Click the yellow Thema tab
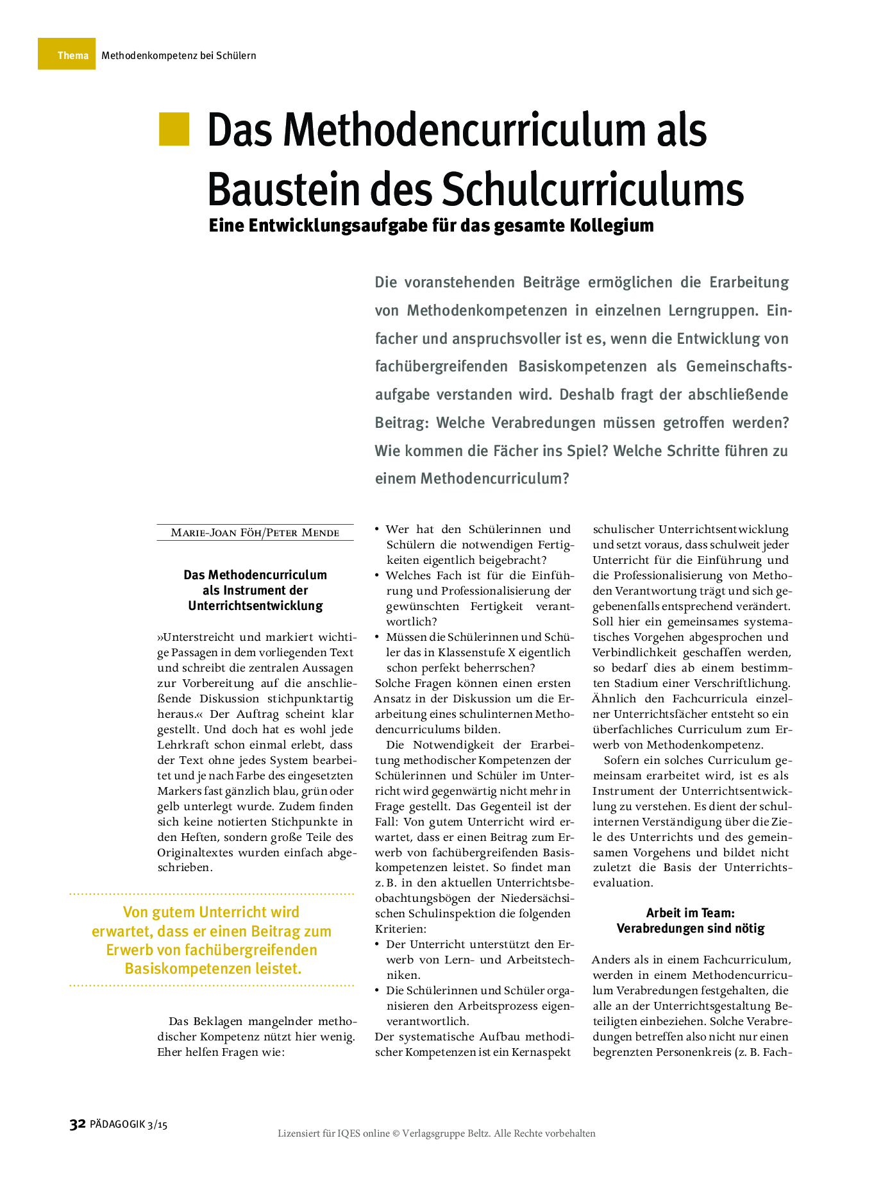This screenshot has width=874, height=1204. coord(67,55)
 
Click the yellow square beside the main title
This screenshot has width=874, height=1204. coord(174,128)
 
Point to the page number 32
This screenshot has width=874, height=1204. coord(78,1124)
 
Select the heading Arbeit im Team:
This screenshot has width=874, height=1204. coord(690,912)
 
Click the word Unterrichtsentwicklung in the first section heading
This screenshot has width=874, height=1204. coord(255,606)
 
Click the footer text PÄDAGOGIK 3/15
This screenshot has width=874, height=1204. coord(129,1124)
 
